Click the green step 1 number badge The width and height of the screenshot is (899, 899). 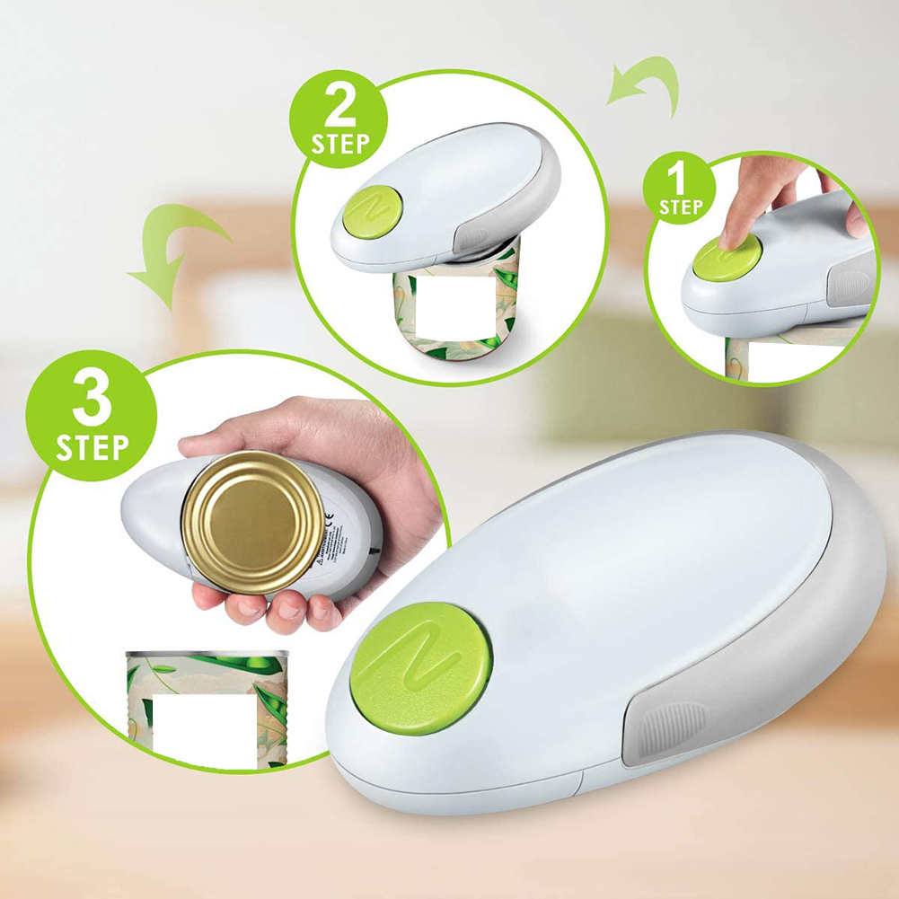(680, 188)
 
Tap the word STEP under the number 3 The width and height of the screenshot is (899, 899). (92, 446)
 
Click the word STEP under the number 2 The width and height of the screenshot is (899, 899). (339, 144)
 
